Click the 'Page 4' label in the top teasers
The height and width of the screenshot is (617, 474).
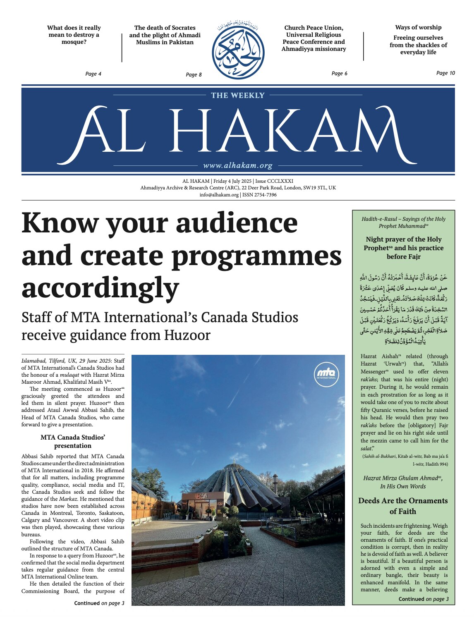pyautogui.click(x=93, y=74)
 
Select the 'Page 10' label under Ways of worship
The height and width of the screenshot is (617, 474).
pyautogui.click(x=445, y=73)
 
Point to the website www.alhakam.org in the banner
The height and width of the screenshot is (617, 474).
pyautogui.click(x=238, y=166)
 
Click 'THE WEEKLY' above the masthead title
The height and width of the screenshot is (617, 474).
pyautogui.click(x=237, y=96)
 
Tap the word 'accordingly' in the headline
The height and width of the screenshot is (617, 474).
pyautogui.click(x=100, y=288)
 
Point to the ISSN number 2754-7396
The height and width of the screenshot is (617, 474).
pyautogui.click(x=259, y=195)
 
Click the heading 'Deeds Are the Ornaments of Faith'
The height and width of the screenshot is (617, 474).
pyautogui.click(x=403, y=506)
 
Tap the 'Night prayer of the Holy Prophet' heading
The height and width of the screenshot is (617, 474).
pyautogui.click(x=403, y=248)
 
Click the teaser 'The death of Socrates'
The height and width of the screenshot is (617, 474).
pyautogui.click(x=165, y=35)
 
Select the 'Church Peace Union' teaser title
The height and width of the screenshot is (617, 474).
pyautogui.click(x=314, y=38)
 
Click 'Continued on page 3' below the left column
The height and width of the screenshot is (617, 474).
pyautogui.click(x=99, y=603)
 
